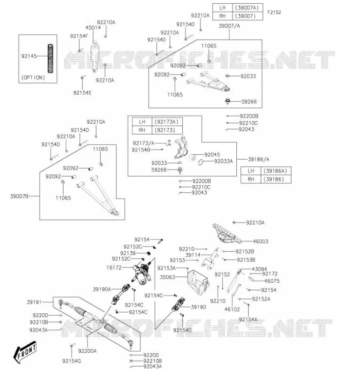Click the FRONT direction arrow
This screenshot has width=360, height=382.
(x=25, y=352)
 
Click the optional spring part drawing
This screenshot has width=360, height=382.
(x=51, y=58)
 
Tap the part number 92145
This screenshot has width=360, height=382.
(x=29, y=56)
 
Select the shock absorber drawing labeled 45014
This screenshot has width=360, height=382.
(x=95, y=56)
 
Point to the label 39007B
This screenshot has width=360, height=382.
(x=19, y=196)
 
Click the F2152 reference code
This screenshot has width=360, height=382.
(x=274, y=12)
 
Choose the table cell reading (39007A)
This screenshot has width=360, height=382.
(x=247, y=8)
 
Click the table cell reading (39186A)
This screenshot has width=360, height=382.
(x=275, y=171)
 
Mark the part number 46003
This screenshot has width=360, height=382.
(x=260, y=241)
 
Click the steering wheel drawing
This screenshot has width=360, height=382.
(x=227, y=233)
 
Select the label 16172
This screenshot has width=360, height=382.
(x=114, y=267)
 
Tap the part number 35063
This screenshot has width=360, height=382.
(x=167, y=277)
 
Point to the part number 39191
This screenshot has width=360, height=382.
(x=34, y=302)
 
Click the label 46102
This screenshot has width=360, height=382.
(x=232, y=309)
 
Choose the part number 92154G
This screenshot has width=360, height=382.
(x=72, y=361)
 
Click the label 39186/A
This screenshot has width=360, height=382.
(x=259, y=159)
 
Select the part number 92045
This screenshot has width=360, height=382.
(x=212, y=154)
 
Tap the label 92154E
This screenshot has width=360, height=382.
(x=82, y=93)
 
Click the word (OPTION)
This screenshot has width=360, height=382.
(x=33, y=77)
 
